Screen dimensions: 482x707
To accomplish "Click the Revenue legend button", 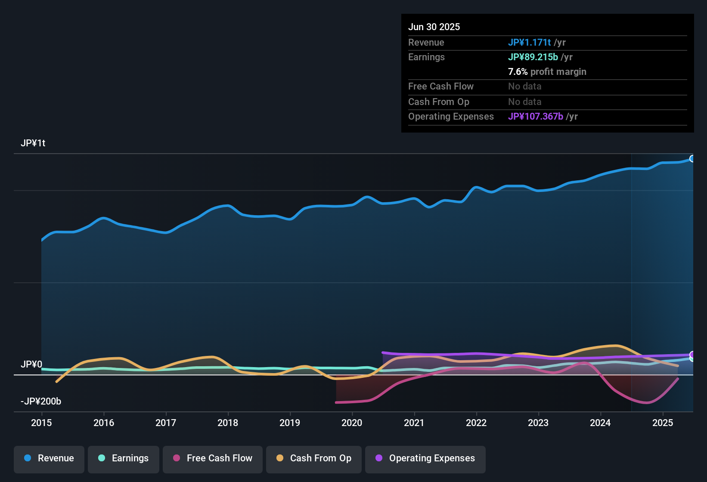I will tap(49, 458).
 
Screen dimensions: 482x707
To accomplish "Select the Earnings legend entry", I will tap(124, 458).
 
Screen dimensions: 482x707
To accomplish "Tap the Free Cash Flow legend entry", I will tap(213, 458).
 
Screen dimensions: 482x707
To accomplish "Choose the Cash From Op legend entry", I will tap(314, 458).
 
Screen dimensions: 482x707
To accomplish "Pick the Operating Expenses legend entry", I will tap(425, 458).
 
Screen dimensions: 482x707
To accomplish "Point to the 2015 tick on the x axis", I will tap(41, 423).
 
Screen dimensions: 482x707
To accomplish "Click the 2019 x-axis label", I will tap(290, 423).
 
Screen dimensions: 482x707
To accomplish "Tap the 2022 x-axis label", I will tap(476, 423).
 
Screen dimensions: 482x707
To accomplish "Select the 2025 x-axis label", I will tap(663, 423).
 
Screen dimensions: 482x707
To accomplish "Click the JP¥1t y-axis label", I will tap(33, 143).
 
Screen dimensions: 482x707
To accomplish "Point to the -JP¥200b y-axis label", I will tap(41, 402).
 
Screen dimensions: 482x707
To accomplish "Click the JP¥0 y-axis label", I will tap(31, 365).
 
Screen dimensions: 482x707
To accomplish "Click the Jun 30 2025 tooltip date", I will tap(434, 27).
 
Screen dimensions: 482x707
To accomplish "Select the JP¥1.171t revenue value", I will tap(529, 43).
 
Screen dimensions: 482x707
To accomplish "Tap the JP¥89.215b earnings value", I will tap(533, 57).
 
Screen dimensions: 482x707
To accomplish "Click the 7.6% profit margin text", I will tap(547, 72).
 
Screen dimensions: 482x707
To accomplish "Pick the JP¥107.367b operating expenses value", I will tap(535, 117).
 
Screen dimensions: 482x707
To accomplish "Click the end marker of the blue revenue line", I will tap(692, 159).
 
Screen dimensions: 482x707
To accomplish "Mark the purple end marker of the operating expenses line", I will tap(692, 355).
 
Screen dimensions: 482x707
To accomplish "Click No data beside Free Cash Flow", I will tap(524, 87).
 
